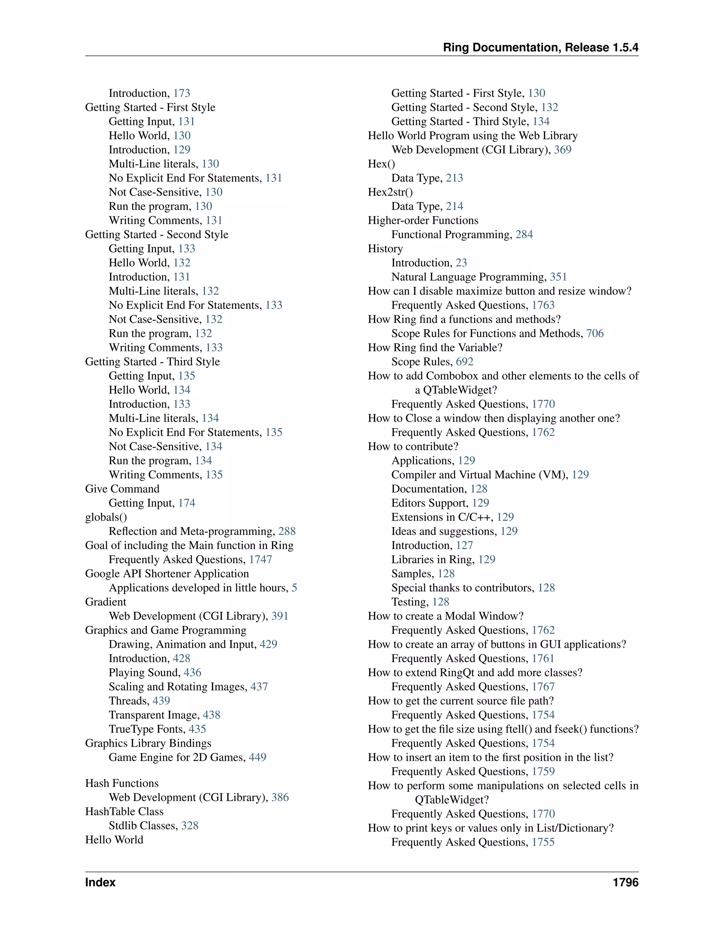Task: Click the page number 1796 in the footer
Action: (x=625, y=882)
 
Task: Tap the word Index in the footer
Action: (x=100, y=882)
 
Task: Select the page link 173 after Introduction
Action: (x=181, y=93)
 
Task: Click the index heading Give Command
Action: (x=122, y=488)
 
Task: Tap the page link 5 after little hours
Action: (x=294, y=588)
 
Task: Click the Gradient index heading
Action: (x=105, y=602)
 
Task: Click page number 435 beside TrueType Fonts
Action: (x=197, y=729)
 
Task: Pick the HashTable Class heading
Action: (x=124, y=811)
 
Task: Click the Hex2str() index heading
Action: (x=390, y=192)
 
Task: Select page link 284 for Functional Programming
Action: (x=524, y=235)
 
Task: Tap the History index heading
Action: (x=385, y=249)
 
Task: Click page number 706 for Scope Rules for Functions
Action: (x=595, y=333)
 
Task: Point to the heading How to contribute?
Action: (x=413, y=446)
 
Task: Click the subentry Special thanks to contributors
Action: (x=462, y=588)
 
